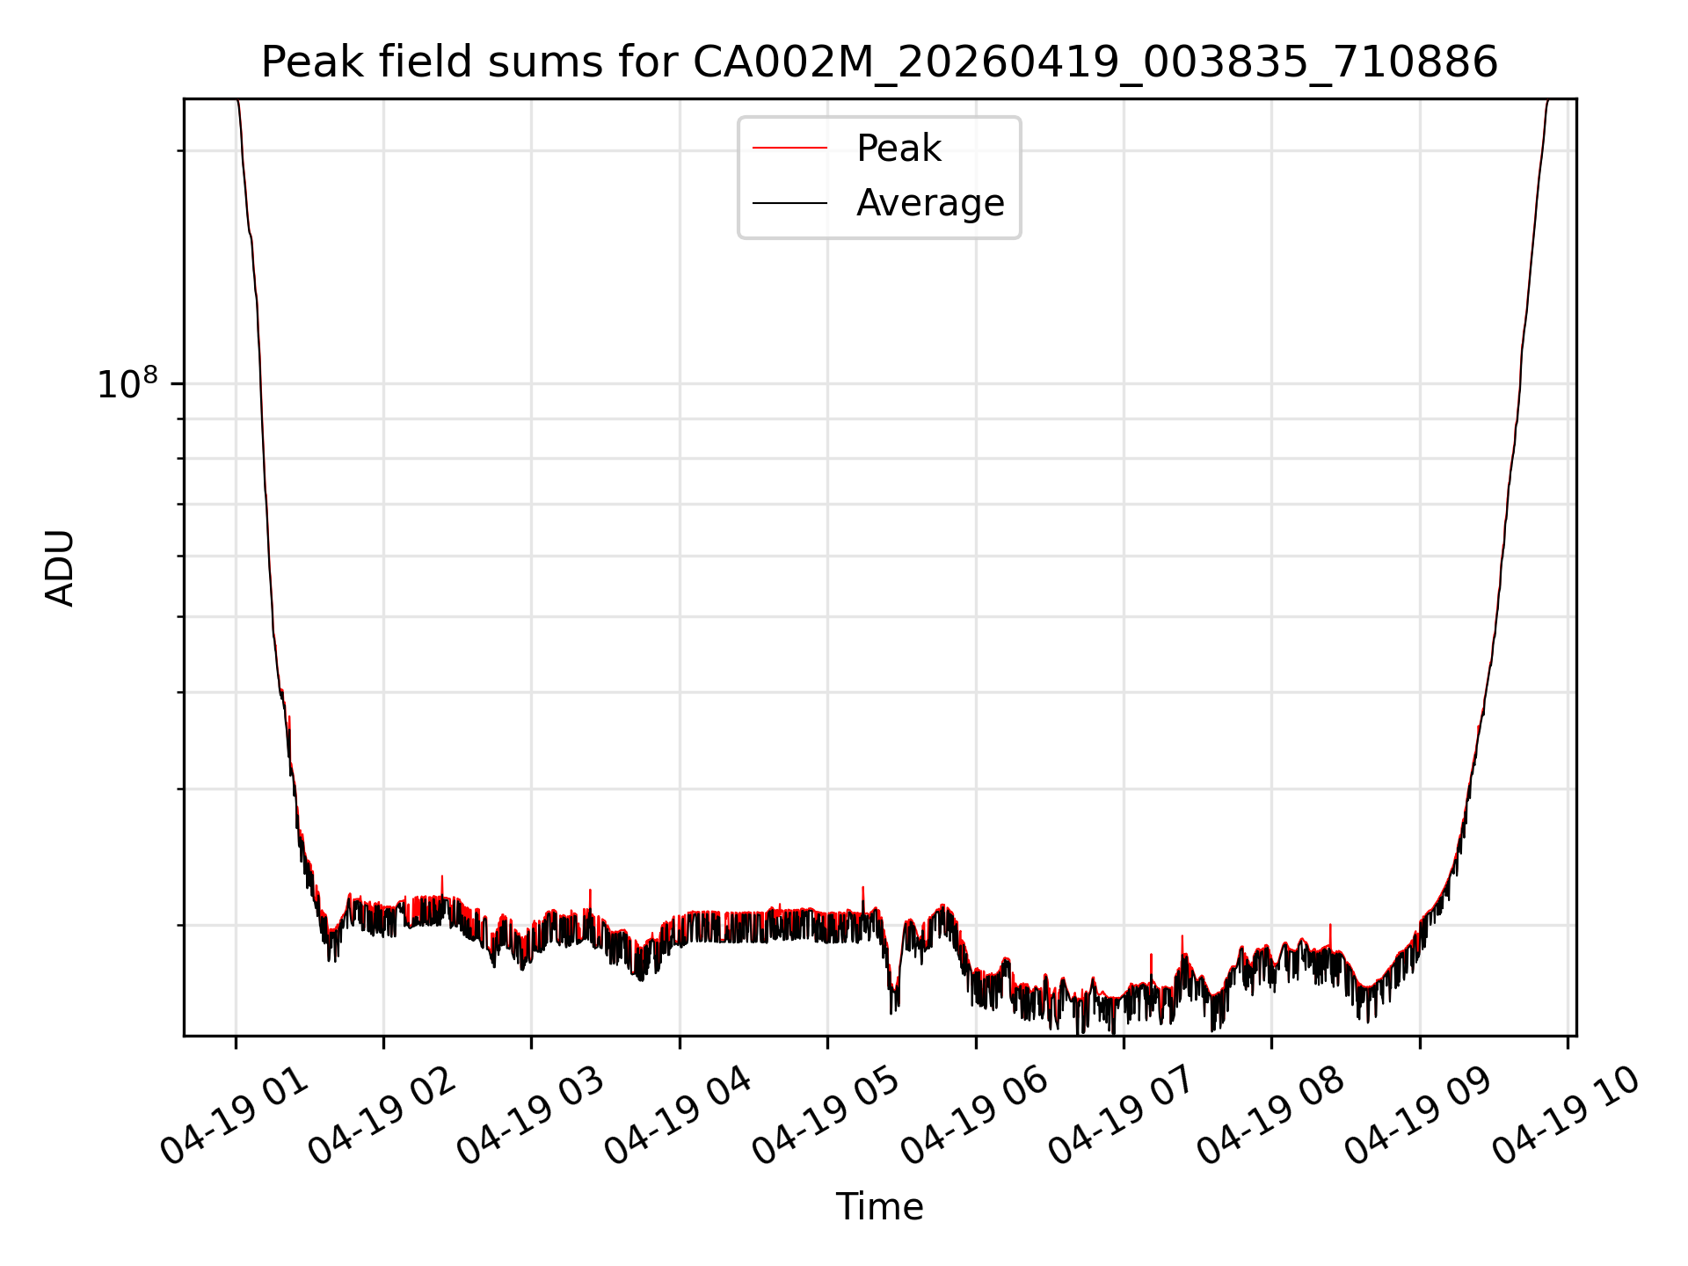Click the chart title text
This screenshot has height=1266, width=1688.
(879, 62)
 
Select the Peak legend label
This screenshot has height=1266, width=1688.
(899, 149)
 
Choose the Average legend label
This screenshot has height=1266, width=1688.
(930, 203)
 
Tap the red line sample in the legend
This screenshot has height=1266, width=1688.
(789, 149)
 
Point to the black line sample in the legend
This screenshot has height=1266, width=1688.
(789, 203)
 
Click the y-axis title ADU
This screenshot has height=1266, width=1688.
(60, 568)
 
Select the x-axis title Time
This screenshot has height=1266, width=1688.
(879, 1207)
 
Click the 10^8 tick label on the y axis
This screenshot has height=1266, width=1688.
(127, 383)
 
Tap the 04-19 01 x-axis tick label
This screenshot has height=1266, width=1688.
(235, 1117)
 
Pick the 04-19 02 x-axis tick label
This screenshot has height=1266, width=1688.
(382, 1117)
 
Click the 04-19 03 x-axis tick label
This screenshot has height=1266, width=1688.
(531, 1117)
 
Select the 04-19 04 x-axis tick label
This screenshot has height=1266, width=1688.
(679, 1117)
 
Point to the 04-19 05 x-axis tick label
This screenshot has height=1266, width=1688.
(826, 1117)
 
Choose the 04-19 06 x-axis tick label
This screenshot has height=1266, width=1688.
(975, 1117)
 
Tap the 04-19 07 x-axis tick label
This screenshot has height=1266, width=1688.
(1123, 1117)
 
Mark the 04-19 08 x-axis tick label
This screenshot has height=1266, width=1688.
(1270, 1117)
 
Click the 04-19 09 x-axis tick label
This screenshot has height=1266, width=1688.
(1419, 1117)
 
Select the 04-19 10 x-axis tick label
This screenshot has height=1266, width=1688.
(1567, 1117)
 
